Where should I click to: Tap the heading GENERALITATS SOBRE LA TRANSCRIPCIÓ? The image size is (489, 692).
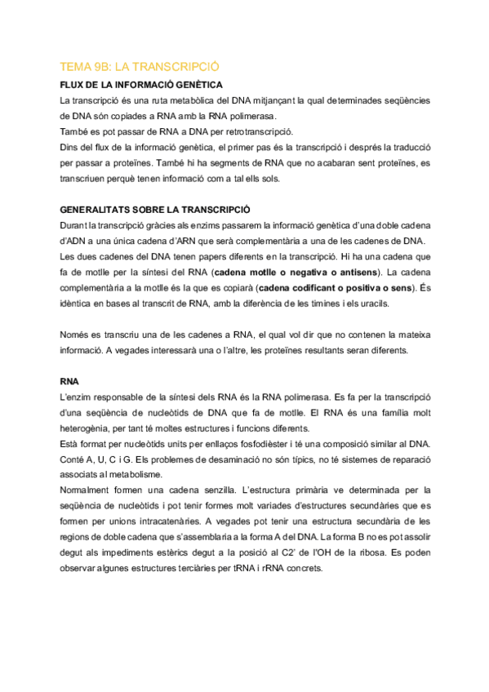(x=155, y=210)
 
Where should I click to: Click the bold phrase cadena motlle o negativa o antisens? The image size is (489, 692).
(x=296, y=272)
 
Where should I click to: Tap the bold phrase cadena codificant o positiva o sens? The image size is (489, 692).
(x=336, y=287)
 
